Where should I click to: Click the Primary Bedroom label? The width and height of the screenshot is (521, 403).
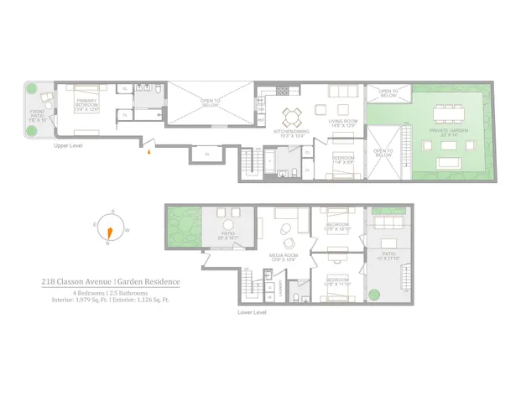pos(87,103)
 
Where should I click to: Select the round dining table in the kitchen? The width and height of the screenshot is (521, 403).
pos(290,116)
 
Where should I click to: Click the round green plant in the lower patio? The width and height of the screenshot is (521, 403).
pos(374,294)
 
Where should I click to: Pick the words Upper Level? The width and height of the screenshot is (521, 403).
pos(67,144)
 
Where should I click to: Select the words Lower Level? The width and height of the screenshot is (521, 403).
pos(252,312)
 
